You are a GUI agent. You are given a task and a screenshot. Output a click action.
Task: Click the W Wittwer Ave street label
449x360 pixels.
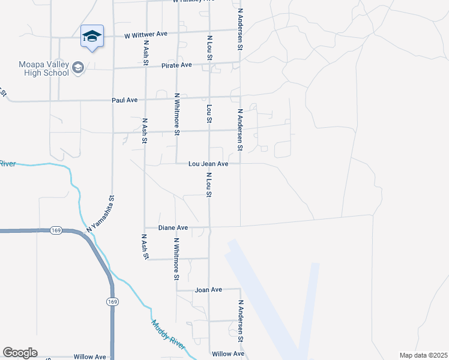click(x=145, y=35)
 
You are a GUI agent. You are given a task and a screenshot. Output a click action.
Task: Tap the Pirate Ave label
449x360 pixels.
click(x=176, y=65)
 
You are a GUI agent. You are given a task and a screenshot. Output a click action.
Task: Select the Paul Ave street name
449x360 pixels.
click(x=125, y=100)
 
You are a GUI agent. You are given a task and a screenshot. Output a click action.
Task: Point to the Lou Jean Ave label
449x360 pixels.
click(x=208, y=163)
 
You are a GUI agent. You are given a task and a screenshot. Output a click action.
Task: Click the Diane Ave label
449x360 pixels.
click(x=173, y=228)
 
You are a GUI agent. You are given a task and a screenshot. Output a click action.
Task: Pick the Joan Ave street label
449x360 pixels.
click(x=208, y=290)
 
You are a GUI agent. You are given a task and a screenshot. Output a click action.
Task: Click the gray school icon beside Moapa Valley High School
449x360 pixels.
click(x=77, y=68)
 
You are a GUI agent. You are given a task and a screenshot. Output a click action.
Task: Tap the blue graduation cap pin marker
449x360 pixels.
click(x=92, y=37)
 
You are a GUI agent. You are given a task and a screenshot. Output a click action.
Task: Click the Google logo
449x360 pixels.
click(x=20, y=353)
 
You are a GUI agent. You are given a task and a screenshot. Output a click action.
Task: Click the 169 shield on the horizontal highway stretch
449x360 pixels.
click(x=56, y=230)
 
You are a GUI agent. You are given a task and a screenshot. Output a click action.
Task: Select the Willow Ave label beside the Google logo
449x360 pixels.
click(x=90, y=356)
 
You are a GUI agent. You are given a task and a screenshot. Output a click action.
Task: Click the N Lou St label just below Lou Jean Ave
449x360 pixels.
click(x=209, y=186)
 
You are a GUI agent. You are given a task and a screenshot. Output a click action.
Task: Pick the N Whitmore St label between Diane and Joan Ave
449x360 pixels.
click(x=176, y=259)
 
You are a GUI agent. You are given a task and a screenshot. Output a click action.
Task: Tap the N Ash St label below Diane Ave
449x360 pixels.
click(x=145, y=247)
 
